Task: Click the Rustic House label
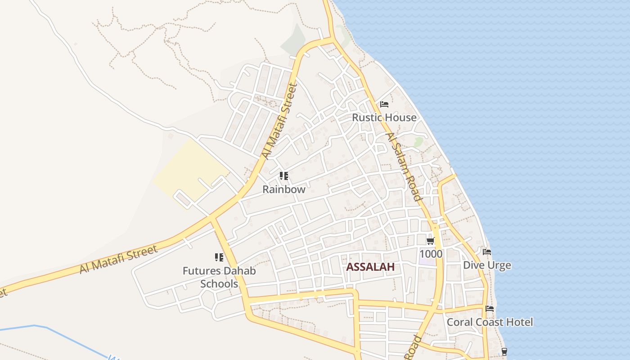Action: pos(384,117)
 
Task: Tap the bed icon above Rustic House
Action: pos(384,104)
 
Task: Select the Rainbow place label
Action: pos(284,189)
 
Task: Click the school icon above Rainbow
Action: pos(283,176)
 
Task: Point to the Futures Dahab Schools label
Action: pos(219,277)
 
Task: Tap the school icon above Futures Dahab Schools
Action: pos(219,257)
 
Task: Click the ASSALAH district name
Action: pos(370,267)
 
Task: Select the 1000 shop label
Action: pos(431,254)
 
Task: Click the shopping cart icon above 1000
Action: pos(431,241)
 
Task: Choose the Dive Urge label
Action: pos(487,265)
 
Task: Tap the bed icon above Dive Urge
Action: pos(487,252)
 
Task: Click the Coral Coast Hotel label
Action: pos(490,322)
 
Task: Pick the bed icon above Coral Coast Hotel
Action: pos(490,309)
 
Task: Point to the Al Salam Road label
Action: pos(404,166)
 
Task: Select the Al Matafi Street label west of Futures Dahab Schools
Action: pos(119,260)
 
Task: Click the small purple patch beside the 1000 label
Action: pos(427,261)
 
